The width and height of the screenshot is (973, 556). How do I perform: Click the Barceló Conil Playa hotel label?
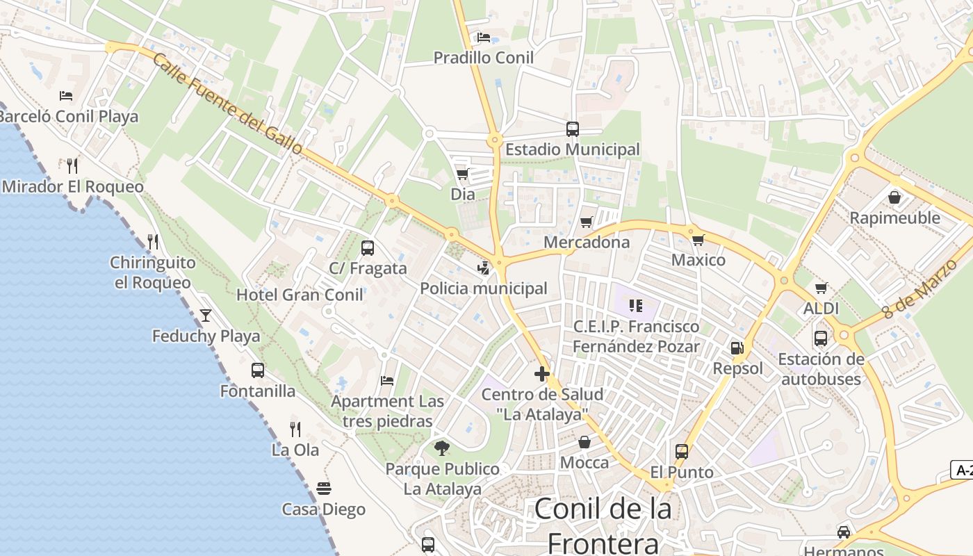tap(68, 116)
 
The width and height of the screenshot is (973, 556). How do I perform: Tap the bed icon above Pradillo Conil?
tap(484, 38)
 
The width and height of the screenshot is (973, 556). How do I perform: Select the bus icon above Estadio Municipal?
tap(572, 129)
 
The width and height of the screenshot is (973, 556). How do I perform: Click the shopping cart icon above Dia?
tap(462, 174)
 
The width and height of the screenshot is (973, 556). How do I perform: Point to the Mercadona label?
tap(587, 242)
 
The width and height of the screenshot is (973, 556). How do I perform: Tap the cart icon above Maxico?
tap(698, 240)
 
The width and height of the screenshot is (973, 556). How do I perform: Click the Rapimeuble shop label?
tap(894, 218)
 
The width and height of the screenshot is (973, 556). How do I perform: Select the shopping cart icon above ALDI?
tap(821, 288)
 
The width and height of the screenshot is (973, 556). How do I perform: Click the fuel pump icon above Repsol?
tap(737, 347)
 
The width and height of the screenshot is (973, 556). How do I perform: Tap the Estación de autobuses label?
tap(821, 369)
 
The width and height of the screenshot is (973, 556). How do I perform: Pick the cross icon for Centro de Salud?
tap(542, 374)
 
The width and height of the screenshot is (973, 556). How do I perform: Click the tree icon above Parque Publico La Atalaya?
tap(441, 448)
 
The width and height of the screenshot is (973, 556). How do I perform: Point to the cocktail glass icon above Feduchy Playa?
tap(206, 316)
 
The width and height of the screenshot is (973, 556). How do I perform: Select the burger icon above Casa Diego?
tap(324, 489)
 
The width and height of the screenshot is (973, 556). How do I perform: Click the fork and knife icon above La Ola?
tap(295, 429)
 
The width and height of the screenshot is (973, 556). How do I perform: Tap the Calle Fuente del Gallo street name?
tap(227, 104)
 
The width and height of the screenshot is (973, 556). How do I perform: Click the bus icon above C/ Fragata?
tap(368, 247)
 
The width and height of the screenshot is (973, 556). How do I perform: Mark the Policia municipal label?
tap(484, 288)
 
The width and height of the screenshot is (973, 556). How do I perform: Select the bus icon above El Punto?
tap(682, 452)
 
